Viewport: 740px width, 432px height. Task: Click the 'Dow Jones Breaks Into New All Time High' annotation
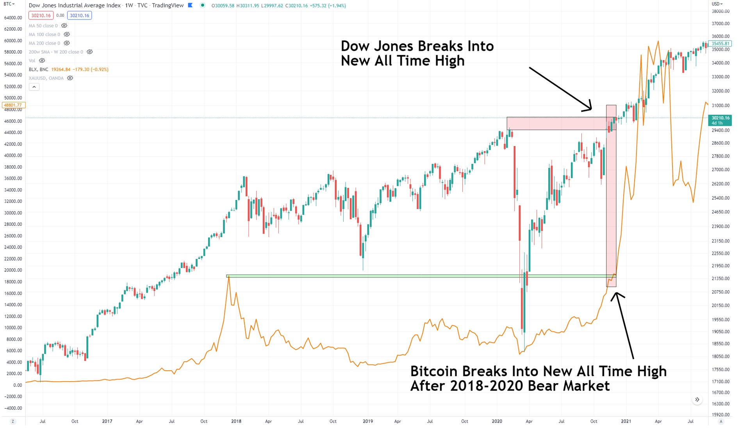(417, 53)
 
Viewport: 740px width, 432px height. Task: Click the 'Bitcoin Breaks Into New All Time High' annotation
(538, 378)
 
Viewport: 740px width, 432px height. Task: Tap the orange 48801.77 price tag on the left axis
(14, 105)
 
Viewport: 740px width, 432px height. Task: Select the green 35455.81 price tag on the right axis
(720, 43)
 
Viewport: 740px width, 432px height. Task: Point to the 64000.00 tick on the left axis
(13, 18)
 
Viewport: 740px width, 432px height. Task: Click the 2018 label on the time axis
(236, 421)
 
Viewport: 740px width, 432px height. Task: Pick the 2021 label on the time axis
(626, 421)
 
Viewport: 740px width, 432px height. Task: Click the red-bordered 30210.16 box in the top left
(41, 16)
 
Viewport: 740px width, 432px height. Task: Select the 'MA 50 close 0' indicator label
(43, 26)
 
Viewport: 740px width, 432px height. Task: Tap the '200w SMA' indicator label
(55, 52)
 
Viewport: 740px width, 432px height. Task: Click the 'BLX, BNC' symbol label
(38, 70)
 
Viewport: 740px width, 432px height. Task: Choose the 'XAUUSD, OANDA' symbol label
(46, 78)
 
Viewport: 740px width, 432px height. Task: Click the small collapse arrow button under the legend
(34, 87)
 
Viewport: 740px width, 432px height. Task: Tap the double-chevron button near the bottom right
(697, 400)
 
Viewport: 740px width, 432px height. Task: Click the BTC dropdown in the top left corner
(9, 4)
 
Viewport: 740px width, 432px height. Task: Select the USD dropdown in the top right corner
(717, 4)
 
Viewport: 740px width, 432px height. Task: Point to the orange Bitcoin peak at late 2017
(228, 277)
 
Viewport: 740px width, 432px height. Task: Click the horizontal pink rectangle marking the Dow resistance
(556, 123)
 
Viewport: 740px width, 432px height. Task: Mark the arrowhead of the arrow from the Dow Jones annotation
(591, 109)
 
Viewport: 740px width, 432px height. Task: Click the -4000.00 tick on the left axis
(13, 408)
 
